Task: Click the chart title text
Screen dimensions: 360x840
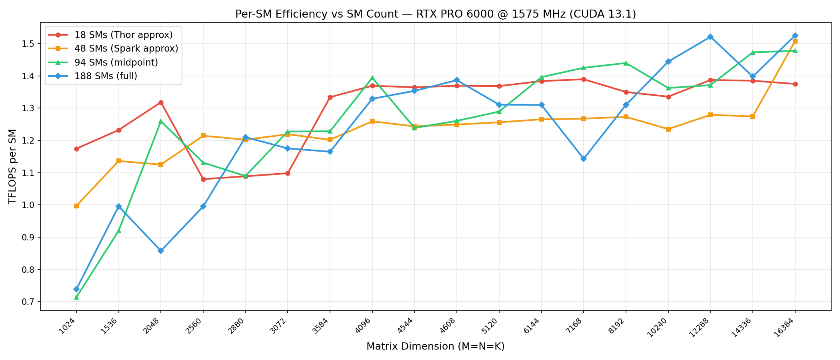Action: pos(435,14)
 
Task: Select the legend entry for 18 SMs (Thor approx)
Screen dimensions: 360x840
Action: pos(123,35)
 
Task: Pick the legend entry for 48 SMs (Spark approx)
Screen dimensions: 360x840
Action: pos(126,49)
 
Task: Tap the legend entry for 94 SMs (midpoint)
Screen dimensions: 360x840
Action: pos(116,62)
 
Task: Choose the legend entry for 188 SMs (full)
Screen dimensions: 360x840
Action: pos(106,76)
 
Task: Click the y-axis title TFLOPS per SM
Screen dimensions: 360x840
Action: pos(13,166)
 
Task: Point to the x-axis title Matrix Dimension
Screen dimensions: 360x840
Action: pos(435,346)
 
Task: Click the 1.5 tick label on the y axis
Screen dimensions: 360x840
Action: pos(30,44)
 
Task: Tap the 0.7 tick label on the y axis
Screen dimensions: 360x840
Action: pos(30,302)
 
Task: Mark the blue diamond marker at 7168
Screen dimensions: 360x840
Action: pos(584,159)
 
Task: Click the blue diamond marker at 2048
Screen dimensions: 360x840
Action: pos(161,251)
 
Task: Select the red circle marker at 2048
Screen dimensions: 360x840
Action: pos(161,103)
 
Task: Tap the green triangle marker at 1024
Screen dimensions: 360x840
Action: pos(76,297)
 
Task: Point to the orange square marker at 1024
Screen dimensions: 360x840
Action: pos(76,206)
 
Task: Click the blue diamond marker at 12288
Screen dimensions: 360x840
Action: pos(710,37)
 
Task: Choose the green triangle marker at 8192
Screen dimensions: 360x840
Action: pos(626,63)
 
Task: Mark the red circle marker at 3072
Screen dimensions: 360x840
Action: pos(288,173)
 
